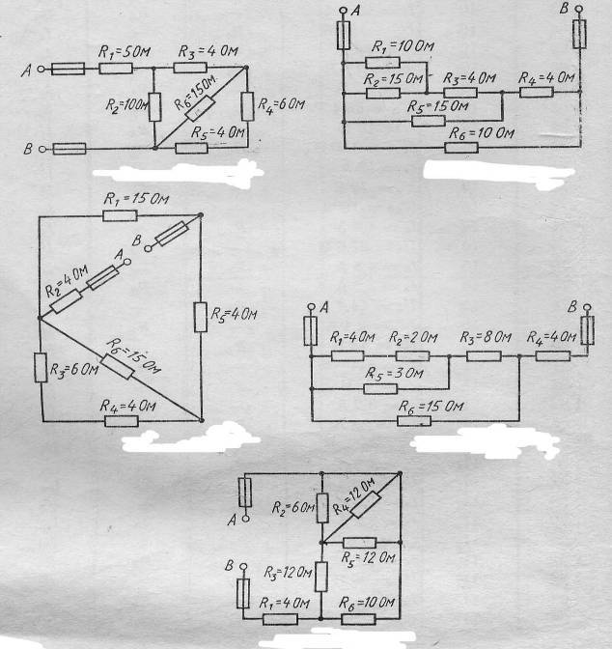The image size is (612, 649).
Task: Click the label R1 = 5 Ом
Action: [125, 52]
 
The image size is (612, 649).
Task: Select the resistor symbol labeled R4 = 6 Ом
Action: [247, 106]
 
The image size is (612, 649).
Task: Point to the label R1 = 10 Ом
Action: [403, 46]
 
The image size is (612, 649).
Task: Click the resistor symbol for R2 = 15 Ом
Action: [383, 94]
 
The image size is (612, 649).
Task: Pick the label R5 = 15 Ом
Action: [438, 106]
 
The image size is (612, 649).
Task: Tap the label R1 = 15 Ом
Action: [136, 199]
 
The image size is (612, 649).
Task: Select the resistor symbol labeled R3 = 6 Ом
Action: [41, 368]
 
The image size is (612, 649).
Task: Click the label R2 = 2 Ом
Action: [413, 338]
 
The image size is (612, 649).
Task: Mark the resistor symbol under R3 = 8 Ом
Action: [484, 356]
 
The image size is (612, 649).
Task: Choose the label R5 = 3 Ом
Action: [395, 374]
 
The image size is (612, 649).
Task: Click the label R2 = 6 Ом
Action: [293, 507]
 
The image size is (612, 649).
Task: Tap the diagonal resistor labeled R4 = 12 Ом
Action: [366, 504]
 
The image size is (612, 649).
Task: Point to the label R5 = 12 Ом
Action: [369, 558]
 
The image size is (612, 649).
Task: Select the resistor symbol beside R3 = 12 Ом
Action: [321, 577]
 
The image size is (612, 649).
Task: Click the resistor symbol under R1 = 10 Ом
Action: [383, 63]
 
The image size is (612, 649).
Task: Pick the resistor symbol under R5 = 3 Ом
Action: [380, 389]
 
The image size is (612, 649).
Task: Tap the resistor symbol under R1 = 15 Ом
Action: [120, 215]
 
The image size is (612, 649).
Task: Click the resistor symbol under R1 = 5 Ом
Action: [116, 69]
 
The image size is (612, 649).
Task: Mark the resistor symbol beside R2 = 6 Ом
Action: [322, 508]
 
